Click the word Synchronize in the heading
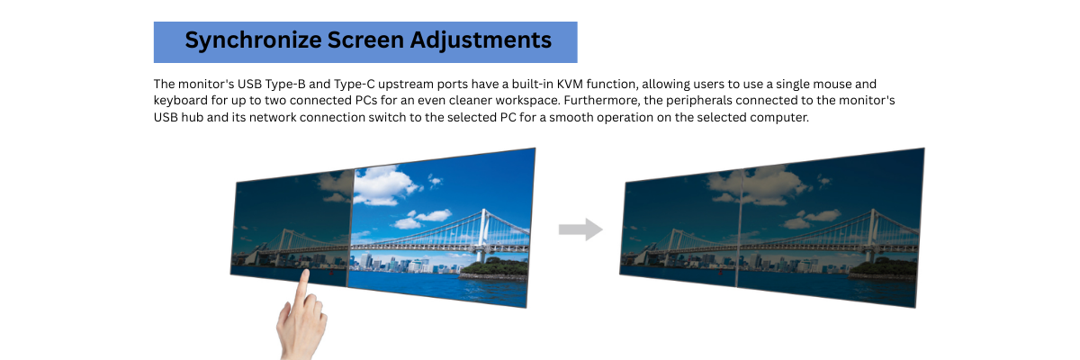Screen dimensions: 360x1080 pyautogui.click(x=239, y=40)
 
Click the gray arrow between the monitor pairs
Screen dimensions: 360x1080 pyautogui.click(x=580, y=229)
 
